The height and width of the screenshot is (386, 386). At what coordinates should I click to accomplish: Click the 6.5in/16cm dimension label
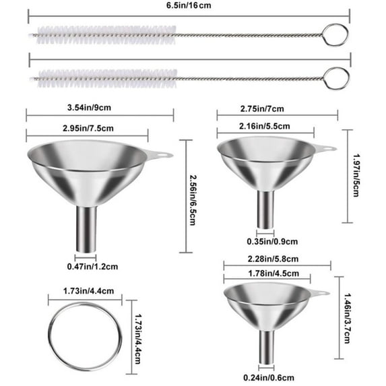pyautogui.click(x=189, y=5)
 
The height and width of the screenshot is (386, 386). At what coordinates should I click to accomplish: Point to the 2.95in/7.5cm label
pyautogui.click(x=88, y=128)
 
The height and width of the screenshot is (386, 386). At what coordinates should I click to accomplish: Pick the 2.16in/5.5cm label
pyautogui.click(x=264, y=126)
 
